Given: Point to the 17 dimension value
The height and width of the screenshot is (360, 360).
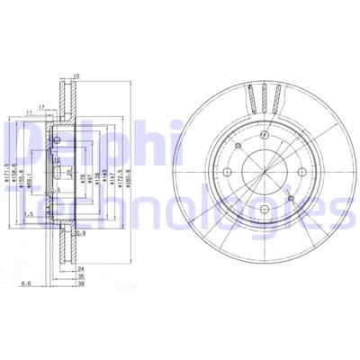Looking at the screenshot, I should pos(42,108).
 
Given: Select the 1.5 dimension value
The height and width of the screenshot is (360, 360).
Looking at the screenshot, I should pos(31,214).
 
